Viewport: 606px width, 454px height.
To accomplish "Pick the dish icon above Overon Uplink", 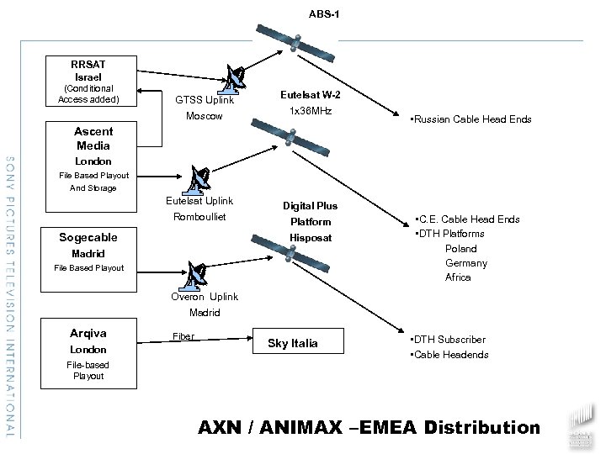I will pyautogui.click(x=199, y=273).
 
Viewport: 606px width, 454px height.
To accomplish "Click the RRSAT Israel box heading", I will pyautogui.click(x=88, y=69).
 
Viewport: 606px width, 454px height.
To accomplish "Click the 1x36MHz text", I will pyautogui.click(x=310, y=112).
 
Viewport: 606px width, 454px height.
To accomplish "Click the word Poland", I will pyautogui.click(x=460, y=249).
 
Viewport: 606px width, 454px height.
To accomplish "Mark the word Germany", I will pyautogui.click(x=465, y=263).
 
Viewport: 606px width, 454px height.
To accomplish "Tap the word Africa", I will pyautogui.click(x=458, y=277).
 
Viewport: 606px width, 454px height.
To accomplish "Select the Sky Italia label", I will pyautogui.click(x=292, y=343).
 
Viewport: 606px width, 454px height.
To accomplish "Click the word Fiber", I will pyautogui.click(x=183, y=336).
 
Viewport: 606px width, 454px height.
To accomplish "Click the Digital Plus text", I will pyautogui.click(x=310, y=206).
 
